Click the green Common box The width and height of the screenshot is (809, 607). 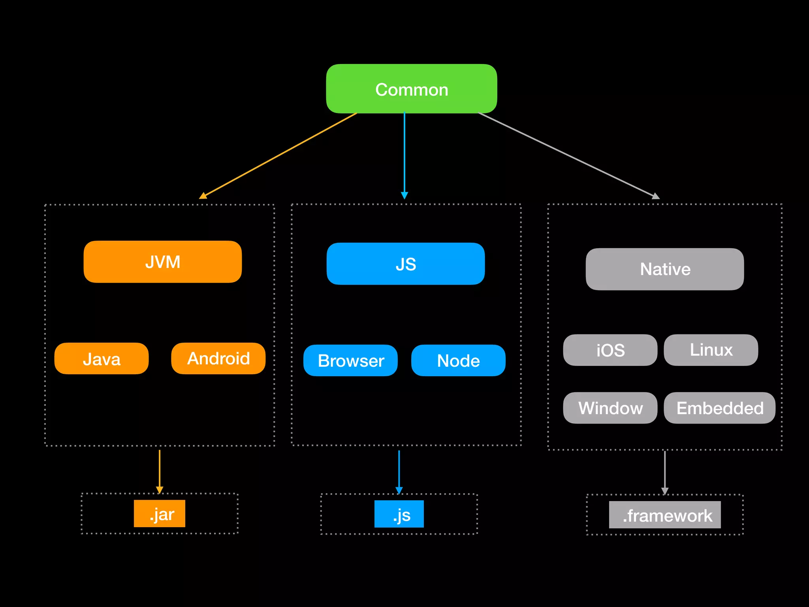(411, 89)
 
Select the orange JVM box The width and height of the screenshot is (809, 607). (162, 262)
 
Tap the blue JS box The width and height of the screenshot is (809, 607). (405, 264)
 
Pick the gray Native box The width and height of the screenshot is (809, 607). (664, 269)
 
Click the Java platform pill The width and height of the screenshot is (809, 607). (102, 358)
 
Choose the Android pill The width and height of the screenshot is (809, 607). (218, 358)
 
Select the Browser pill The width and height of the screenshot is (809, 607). (350, 360)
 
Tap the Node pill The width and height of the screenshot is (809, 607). (458, 360)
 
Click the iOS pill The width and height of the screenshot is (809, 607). (610, 350)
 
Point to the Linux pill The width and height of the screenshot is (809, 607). (711, 350)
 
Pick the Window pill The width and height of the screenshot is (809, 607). (610, 408)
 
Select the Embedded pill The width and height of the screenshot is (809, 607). (719, 408)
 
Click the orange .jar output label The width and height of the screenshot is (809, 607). (160, 514)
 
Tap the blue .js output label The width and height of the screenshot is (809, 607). (399, 514)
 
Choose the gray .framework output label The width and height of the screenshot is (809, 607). (665, 515)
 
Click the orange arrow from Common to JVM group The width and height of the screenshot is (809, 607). (278, 156)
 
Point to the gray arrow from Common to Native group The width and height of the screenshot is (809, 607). (569, 155)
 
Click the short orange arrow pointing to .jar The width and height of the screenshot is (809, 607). (160, 470)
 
